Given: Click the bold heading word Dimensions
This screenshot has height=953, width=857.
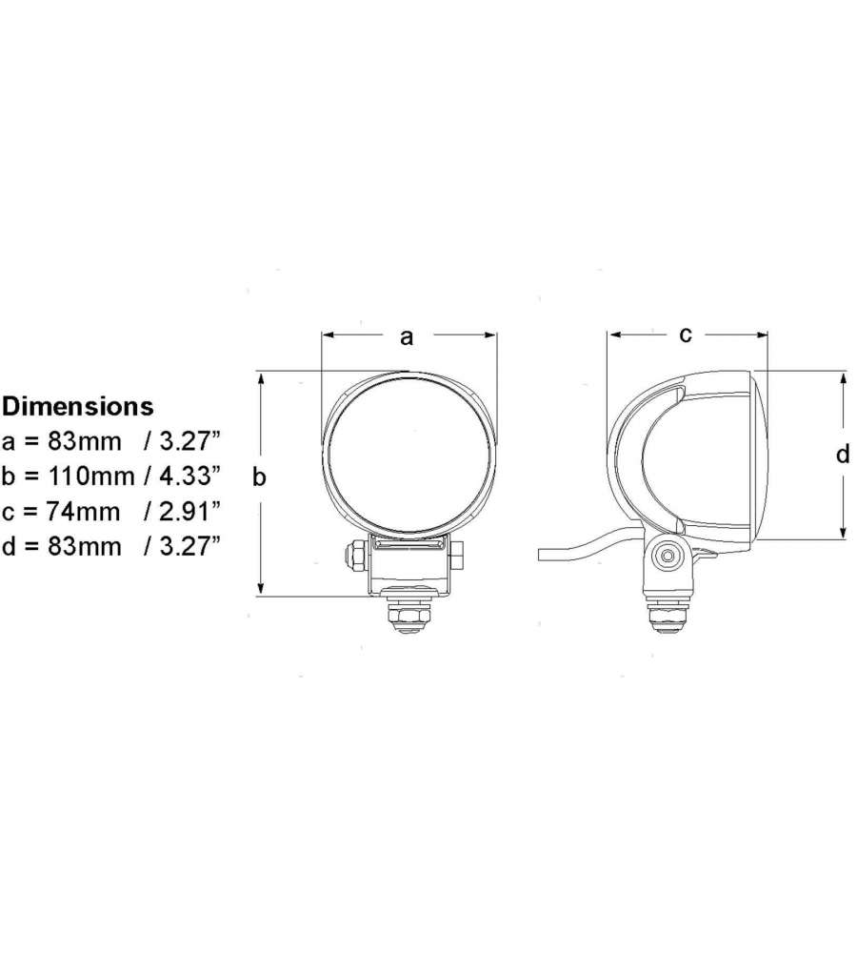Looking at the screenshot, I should [77, 406].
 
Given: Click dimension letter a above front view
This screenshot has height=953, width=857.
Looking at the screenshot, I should [408, 335].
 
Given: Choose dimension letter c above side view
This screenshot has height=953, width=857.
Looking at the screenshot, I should [685, 334].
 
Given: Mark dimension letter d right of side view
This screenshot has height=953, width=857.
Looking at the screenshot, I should [842, 456].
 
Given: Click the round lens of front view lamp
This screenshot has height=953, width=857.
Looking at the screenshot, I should [409, 456].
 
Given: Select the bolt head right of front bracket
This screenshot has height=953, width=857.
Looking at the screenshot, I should [458, 555].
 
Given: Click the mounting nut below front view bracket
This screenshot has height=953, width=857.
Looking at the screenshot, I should [409, 618].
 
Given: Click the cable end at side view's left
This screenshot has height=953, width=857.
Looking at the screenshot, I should [545, 553].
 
